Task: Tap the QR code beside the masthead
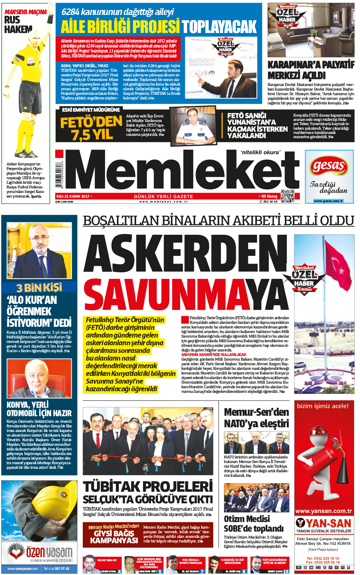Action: tap(288, 196)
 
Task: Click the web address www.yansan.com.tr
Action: tap(324, 511)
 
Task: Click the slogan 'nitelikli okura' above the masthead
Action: tap(260, 152)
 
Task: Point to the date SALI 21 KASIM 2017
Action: tap(73, 196)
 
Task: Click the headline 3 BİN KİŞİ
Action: tap(39, 287)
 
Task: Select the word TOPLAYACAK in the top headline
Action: tap(219, 26)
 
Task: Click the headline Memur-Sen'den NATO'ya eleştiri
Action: tap(256, 418)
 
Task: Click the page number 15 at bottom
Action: tap(286, 571)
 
